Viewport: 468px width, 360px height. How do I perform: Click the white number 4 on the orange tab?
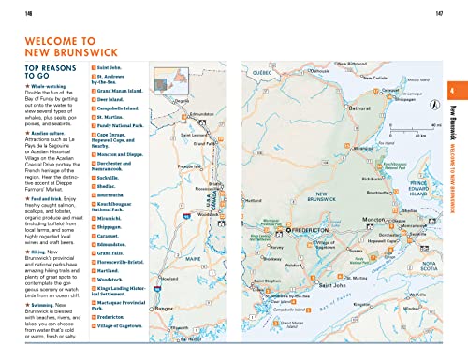(x=452, y=117)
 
